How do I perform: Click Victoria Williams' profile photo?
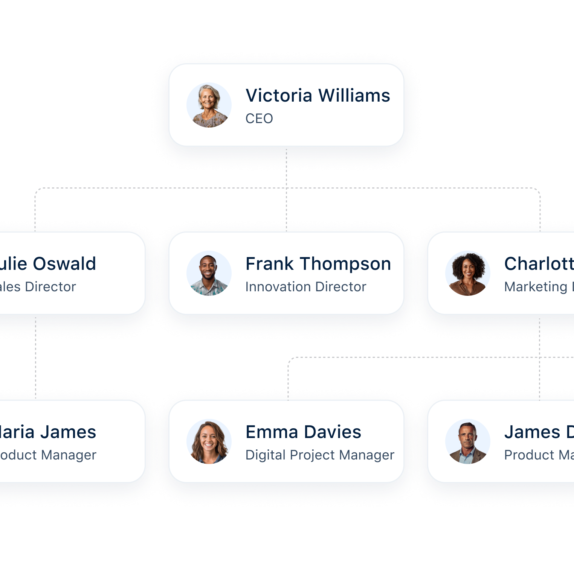pos(209,105)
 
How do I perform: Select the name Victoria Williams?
pos(318,96)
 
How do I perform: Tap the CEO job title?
pos(259,119)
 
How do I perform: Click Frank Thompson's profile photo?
pos(209,273)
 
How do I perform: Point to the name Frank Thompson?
pos(318,264)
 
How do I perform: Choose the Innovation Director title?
pos(305,287)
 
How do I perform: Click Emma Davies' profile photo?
pos(209,441)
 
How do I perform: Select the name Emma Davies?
pos(303,432)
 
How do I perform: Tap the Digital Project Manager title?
pos(319,455)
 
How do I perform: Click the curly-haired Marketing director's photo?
pos(468,273)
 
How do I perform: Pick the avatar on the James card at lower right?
pos(468,441)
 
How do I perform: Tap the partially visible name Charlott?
pos(539,264)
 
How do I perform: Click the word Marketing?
pos(536,287)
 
